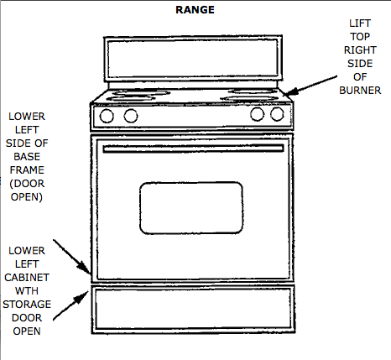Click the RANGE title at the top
pos(195,10)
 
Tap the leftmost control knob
pos(107,116)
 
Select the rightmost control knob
pos(277,114)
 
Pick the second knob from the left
pos(131,116)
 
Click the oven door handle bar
pos(193,149)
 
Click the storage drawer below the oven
pos(193,309)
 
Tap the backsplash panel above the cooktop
pos(193,59)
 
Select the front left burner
pos(131,98)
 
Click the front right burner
pos(248,98)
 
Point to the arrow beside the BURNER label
pos(310,86)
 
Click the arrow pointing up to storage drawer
pos(70,305)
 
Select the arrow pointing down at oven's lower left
pos(72,257)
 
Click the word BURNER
pos(360,91)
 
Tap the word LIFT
pos(360,23)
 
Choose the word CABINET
pos(27,278)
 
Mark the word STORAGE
pos(27,305)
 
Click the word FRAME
pos(27,170)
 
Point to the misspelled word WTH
pos(27,291)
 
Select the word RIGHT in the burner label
pos(360,50)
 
